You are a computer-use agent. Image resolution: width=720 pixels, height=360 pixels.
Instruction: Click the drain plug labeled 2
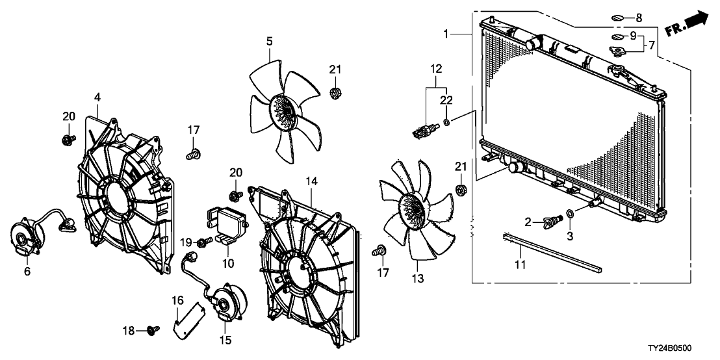pyautogui.click(x=552, y=221)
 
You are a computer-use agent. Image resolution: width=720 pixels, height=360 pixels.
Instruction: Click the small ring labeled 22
pyautogui.click(x=447, y=122)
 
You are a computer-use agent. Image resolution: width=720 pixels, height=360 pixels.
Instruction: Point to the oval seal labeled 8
pyautogui.click(x=618, y=18)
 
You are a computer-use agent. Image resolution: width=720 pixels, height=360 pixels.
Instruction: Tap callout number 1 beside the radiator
pyautogui.click(x=446, y=32)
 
